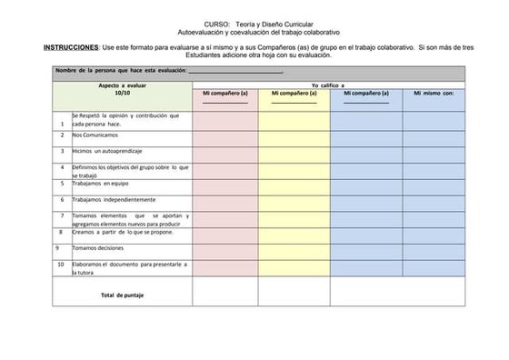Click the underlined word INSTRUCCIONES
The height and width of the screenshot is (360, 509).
click(x=72, y=47)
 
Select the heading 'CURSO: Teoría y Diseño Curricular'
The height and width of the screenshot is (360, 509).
click(x=259, y=23)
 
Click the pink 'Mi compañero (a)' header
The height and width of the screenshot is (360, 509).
click(x=225, y=93)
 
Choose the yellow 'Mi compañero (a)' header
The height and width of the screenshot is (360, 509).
click(x=294, y=93)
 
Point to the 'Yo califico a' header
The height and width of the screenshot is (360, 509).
click(x=328, y=85)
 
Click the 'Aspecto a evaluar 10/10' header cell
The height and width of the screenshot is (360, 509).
click(x=123, y=89)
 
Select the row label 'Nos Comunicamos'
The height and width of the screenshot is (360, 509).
click(x=95, y=135)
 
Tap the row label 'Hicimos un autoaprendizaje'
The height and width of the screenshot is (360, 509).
click(x=107, y=151)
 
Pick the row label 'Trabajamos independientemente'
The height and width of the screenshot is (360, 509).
click(x=115, y=199)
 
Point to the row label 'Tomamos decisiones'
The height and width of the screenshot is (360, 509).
click(x=98, y=247)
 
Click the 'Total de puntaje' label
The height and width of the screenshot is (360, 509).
click(x=122, y=295)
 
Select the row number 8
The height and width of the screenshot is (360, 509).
click(x=62, y=232)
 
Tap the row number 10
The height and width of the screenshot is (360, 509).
click(x=61, y=264)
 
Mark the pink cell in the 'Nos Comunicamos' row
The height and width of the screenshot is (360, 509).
click(x=225, y=135)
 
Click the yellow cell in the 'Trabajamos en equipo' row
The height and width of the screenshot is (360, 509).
click(x=294, y=184)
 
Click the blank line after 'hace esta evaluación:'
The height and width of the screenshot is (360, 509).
click(x=235, y=71)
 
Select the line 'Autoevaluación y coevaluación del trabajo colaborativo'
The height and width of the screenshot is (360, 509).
click(x=259, y=32)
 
